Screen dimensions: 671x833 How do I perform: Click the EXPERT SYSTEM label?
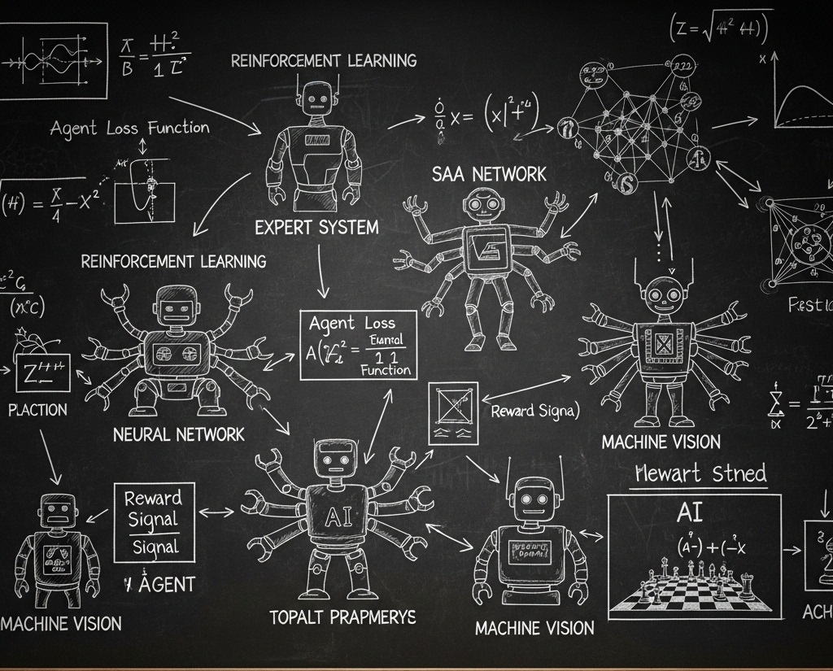pos(316,227)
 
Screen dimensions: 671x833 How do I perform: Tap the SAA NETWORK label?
pos(489,173)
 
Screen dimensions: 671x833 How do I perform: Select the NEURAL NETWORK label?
pos(179,434)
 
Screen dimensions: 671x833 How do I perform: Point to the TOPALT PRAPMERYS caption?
pos(342,617)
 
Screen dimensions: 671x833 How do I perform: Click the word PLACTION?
pos(37,410)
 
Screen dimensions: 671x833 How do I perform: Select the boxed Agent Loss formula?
pos(358,345)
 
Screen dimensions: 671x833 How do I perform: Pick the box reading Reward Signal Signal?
pos(155,523)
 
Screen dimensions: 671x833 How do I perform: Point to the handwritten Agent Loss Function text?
pos(129,128)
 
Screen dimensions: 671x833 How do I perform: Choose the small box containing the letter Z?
pos(42,373)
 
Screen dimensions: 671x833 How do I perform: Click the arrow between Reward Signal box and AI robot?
pos(216,512)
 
